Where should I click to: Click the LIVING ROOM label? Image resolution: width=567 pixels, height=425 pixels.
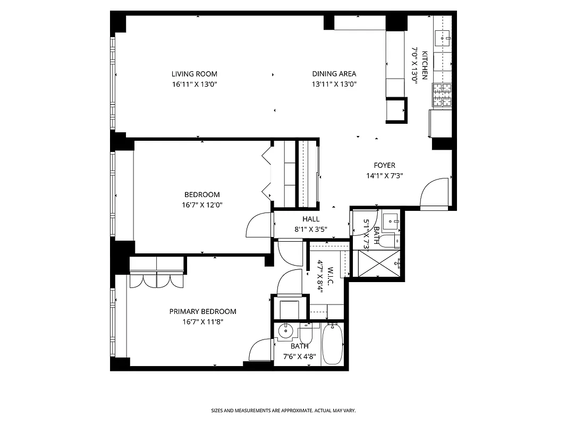click(194, 74)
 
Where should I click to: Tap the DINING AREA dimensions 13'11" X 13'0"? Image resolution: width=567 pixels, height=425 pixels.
click(334, 84)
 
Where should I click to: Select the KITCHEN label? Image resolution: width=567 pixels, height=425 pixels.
click(425, 64)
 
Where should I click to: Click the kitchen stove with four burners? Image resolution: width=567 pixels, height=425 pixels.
click(442, 96)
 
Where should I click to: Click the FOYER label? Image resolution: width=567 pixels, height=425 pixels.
click(384, 165)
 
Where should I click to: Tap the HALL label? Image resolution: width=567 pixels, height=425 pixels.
click(311, 219)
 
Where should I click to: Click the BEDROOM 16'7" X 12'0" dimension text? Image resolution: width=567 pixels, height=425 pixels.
click(201, 205)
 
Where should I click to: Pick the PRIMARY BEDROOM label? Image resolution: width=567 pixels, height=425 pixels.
click(202, 311)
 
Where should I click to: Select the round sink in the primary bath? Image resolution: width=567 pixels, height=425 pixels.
click(286, 331)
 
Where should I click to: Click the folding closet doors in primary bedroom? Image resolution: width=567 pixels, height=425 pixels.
click(157, 279)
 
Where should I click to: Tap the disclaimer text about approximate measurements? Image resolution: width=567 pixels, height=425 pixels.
click(283, 411)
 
